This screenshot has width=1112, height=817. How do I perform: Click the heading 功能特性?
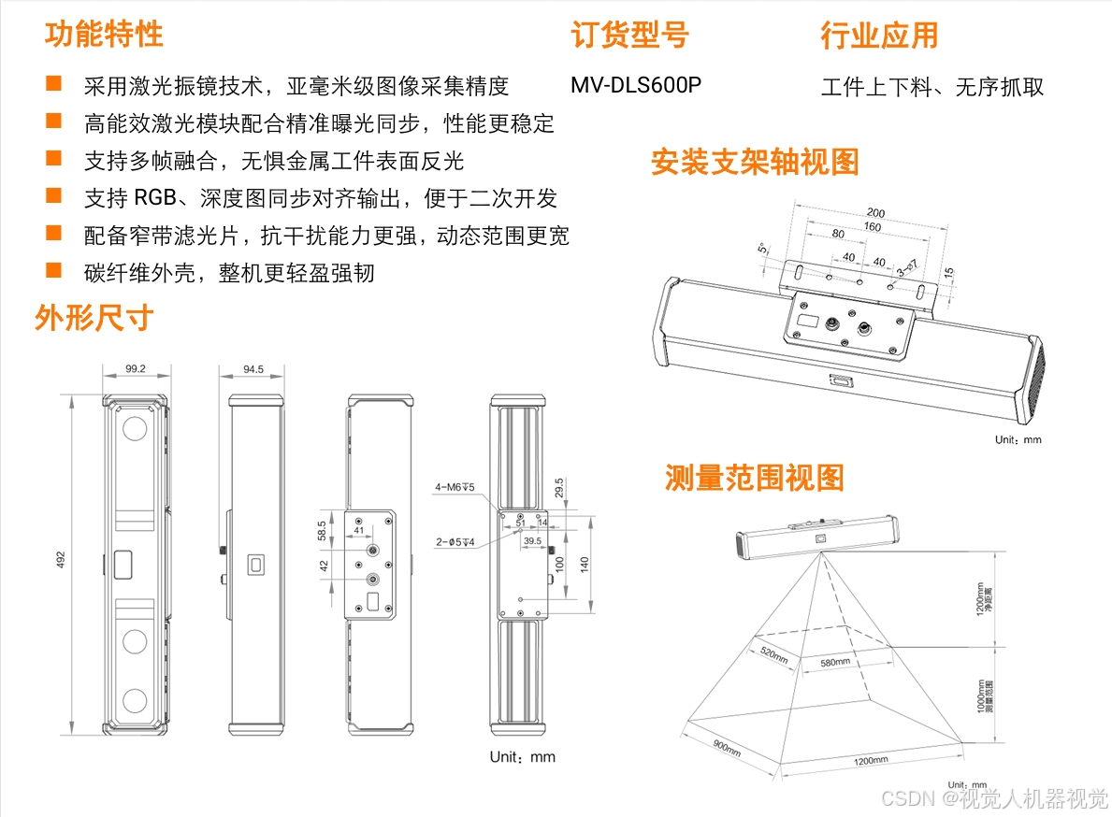(x=104, y=34)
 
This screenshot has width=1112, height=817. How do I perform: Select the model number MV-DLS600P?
(x=636, y=85)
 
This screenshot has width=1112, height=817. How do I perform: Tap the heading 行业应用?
(x=878, y=36)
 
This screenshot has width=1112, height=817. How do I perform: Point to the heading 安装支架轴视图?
(x=754, y=162)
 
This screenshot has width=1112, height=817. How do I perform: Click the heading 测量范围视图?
(x=754, y=478)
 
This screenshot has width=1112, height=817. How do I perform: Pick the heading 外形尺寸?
(x=94, y=318)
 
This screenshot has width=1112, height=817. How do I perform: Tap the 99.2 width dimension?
(x=136, y=369)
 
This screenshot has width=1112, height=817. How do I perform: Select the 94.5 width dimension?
(x=253, y=369)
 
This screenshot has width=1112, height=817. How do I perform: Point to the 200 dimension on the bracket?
(x=875, y=213)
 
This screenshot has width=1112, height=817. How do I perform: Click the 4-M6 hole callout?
(x=455, y=487)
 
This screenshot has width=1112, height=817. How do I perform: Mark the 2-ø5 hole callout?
(x=455, y=541)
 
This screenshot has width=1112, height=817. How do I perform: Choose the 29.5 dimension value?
(x=558, y=489)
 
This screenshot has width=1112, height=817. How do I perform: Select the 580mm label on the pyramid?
(x=835, y=662)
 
